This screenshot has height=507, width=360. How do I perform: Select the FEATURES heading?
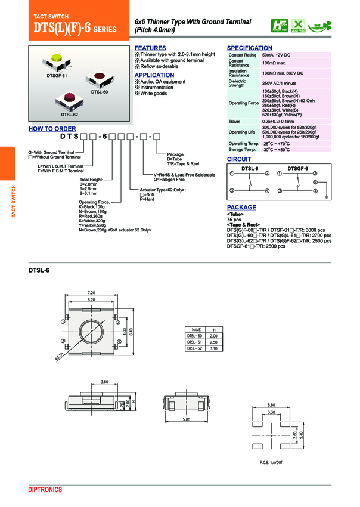pyautogui.click(x=150, y=48)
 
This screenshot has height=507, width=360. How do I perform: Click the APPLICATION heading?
pyautogui.click(x=154, y=75)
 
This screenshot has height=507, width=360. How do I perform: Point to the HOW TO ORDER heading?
pyautogui.click(x=52, y=129)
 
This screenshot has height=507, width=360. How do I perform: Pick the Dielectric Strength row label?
pyautogui.click(x=237, y=83)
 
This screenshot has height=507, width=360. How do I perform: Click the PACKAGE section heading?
pyautogui.click(x=241, y=208)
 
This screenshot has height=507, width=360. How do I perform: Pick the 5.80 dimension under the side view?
pyautogui.click(x=187, y=420)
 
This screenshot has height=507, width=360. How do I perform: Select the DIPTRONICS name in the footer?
pyautogui.click(x=45, y=490)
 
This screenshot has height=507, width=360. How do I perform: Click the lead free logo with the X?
pyautogui.click(x=297, y=25)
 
